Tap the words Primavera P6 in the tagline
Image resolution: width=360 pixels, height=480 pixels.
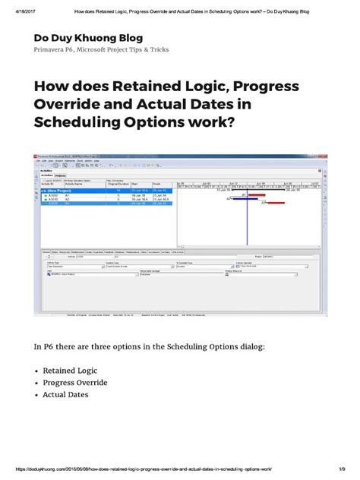click(x=56, y=50)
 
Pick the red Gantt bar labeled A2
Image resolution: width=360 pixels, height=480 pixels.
click(x=293, y=203)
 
